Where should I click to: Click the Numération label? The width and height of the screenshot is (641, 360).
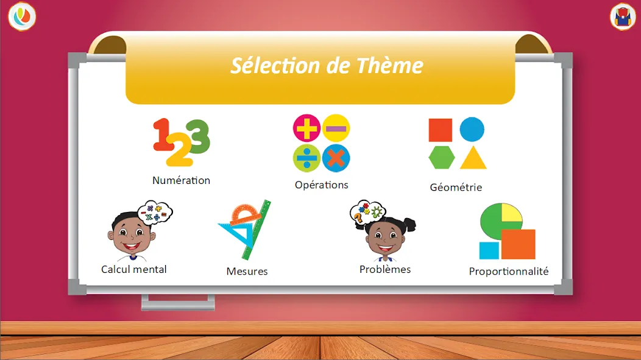coord(181,180)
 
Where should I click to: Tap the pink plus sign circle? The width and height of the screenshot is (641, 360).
coord(306,129)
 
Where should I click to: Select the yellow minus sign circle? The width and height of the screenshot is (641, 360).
coord(336,129)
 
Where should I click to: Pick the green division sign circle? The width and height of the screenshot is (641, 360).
coord(306,158)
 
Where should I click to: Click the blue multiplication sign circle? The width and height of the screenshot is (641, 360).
coord(336,158)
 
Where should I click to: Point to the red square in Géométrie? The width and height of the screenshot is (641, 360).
coord(441,130)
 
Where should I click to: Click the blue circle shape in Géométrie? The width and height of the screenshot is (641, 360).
coord(472,130)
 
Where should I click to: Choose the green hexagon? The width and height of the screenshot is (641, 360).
coord(442,157)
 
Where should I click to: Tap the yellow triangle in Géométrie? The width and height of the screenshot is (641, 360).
coord(473,158)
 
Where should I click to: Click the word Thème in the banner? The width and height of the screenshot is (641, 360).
coord(389,65)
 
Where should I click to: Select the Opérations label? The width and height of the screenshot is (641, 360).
coord(321,185)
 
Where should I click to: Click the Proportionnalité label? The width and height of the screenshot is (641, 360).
coord(509,271)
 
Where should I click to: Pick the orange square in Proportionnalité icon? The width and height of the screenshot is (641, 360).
coord(518,244)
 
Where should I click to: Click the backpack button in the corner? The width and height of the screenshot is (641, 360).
coord(622,17)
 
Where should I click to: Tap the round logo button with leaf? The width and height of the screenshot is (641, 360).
coord(22,16)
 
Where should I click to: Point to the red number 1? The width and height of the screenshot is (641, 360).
coord(163,135)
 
